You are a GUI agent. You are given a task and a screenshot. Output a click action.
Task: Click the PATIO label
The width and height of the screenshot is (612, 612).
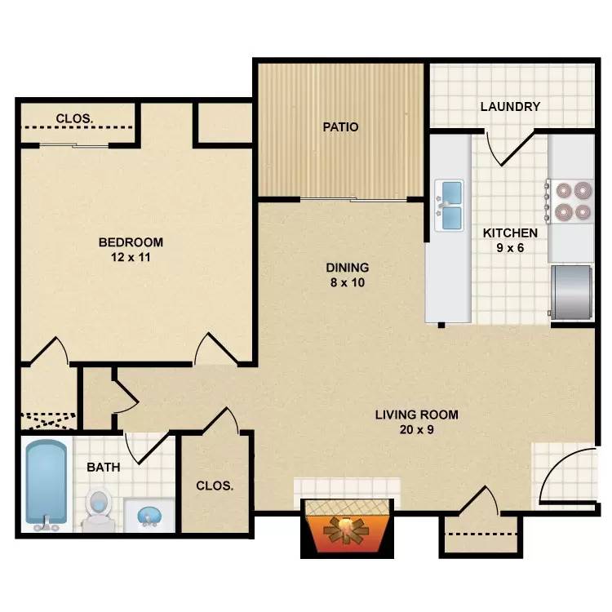(340, 127)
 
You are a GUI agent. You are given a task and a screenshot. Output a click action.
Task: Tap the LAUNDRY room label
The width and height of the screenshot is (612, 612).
(510, 106)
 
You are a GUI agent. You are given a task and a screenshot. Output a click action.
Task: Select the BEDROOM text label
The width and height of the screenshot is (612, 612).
(131, 242)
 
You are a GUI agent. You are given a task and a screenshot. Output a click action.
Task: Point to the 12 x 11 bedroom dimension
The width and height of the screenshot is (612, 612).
(131, 257)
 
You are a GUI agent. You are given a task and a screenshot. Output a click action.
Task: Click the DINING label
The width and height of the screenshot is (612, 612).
(348, 267)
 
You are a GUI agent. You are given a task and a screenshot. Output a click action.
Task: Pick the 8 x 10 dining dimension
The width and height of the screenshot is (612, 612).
(348, 282)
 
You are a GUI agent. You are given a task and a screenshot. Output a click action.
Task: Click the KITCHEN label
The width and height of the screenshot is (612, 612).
(510, 233)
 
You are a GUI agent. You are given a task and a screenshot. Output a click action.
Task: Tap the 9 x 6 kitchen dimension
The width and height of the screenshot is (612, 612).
(510, 248)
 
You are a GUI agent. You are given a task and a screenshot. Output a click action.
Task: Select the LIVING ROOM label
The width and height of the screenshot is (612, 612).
(416, 415)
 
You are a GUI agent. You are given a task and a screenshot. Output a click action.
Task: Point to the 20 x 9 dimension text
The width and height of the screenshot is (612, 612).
(416, 429)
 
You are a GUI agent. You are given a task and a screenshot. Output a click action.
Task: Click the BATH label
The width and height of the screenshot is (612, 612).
(104, 468)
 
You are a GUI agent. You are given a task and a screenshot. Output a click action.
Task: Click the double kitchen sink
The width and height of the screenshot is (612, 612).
(449, 205)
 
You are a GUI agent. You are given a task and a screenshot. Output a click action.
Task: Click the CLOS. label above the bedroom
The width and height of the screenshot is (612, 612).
(74, 119)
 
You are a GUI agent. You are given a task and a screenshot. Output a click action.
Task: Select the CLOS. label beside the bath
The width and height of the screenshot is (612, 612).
(215, 486)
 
